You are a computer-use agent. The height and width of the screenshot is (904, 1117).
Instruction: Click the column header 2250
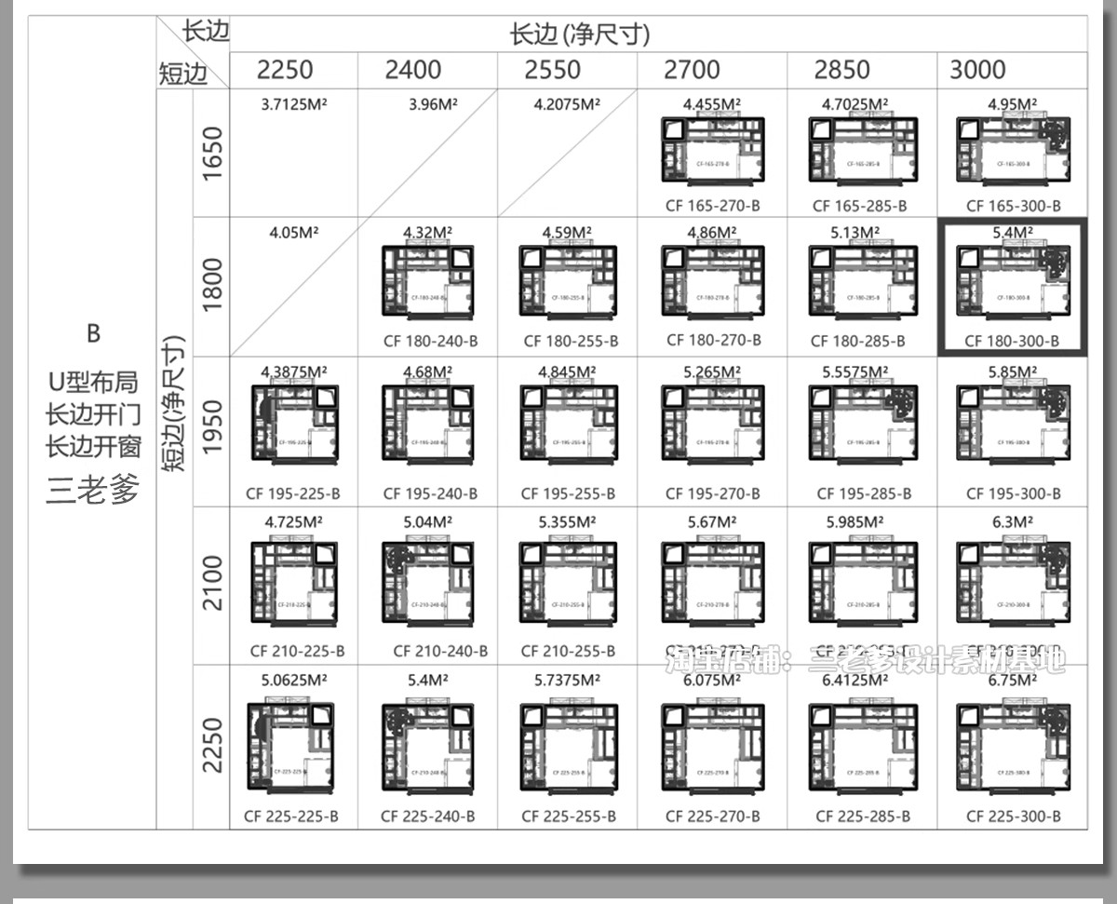(285, 70)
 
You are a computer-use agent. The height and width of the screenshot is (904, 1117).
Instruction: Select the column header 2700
(693, 70)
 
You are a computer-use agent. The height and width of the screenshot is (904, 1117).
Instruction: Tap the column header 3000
(977, 70)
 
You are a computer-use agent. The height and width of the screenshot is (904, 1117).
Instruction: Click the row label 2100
(212, 583)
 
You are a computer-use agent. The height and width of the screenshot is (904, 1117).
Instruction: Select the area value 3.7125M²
(295, 104)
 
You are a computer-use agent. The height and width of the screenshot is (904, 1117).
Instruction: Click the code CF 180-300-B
(1012, 341)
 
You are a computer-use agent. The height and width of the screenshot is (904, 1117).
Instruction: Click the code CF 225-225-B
(291, 816)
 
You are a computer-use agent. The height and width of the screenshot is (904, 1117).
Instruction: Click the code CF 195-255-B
(568, 493)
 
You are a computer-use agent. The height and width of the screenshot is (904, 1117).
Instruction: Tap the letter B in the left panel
(93, 332)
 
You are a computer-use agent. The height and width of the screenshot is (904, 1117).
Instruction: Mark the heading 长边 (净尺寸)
(579, 34)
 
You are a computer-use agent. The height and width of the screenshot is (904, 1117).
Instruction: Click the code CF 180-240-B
(430, 341)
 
